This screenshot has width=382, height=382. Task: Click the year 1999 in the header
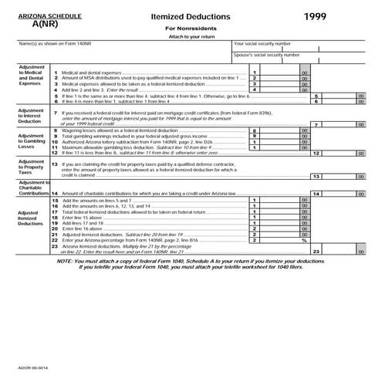tap(315, 15)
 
